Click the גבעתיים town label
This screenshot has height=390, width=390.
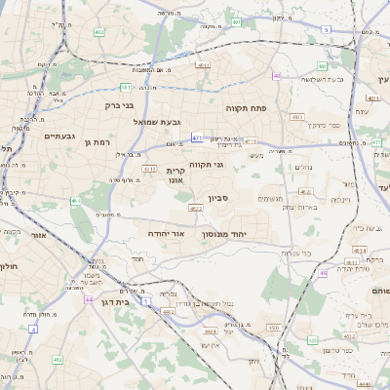click(59, 136)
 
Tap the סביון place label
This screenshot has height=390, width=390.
click(216, 198)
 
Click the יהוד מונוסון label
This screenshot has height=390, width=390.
click(225, 235)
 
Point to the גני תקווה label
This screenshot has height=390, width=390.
click(205, 165)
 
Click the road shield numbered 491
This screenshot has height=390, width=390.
click(237, 20)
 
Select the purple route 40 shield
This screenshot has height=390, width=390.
click(278, 75)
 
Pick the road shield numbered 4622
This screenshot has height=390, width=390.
click(196, 208)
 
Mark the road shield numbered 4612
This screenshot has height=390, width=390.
click(149, 169)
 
